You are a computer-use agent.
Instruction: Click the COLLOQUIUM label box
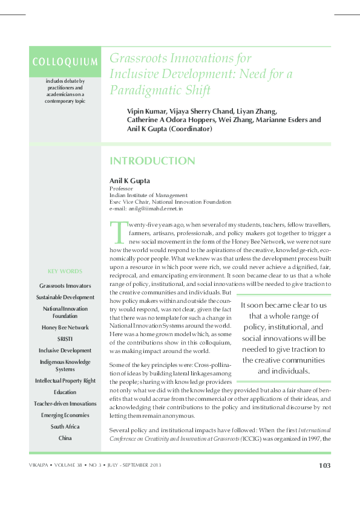tap(65, 62)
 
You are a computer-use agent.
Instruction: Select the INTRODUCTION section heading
tap(152, 161)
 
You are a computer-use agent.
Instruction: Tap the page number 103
tap(324, 465)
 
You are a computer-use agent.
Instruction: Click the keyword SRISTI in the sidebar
tap(65, 339)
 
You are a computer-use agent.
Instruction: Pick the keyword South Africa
tap(65, 426)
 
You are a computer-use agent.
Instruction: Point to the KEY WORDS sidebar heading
tap(65, 271)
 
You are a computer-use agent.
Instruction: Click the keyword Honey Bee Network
tap(65, 328)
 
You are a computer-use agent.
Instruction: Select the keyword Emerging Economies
tap(65, 415)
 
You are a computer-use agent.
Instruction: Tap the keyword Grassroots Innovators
tap(65, 285)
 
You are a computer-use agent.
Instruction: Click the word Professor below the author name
tap(121, 189)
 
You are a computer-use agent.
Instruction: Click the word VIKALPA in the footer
tap(43, 465)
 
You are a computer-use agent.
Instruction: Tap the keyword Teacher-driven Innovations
tap(65, 403)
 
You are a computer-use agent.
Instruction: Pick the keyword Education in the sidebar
tap(65, 392)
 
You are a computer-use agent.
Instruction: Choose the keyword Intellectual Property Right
tap(65, 381)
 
